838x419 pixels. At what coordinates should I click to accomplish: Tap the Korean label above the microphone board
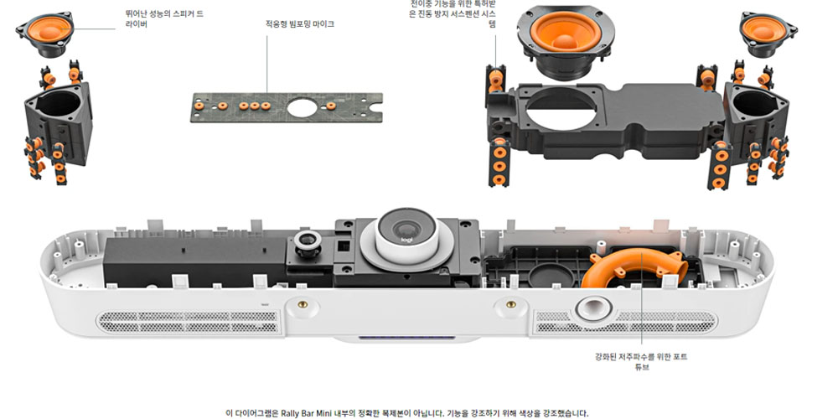point(300,24)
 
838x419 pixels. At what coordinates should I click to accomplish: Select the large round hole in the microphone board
point(302,108)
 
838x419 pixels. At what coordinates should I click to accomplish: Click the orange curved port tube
point(632,266)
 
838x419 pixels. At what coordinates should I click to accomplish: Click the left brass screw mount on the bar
point(303,305)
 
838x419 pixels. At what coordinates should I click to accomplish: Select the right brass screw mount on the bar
point(510,305)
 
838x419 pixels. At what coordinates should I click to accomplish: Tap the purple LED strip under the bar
point(406,338)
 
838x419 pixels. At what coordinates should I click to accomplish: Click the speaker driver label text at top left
point(164,18)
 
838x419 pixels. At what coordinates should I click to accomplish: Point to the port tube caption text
point(641,362)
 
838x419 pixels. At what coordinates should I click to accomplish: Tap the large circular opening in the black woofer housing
point(561,109)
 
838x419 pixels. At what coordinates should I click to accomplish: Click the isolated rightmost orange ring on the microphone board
point(331,106)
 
